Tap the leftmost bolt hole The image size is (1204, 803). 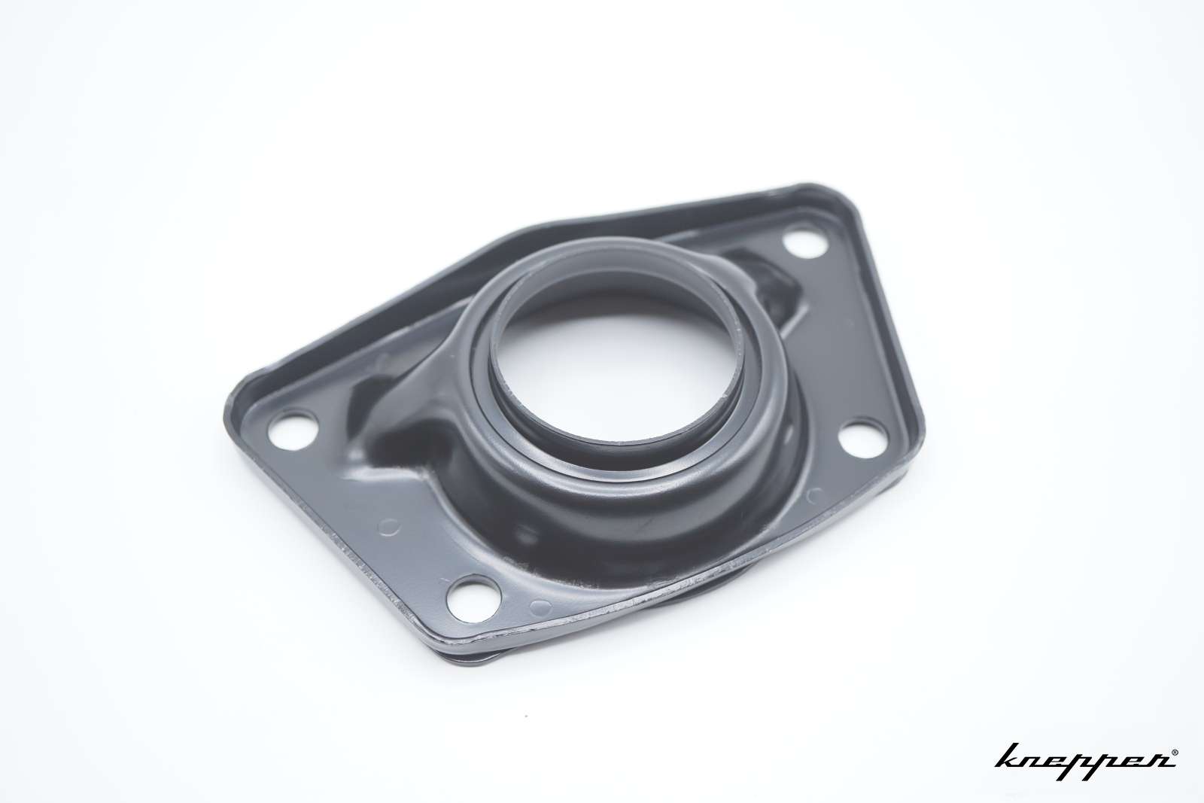[x=292, y=430]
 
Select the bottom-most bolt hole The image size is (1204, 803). [x=473, y=598]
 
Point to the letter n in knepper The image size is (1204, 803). [x=1039, y=762]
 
